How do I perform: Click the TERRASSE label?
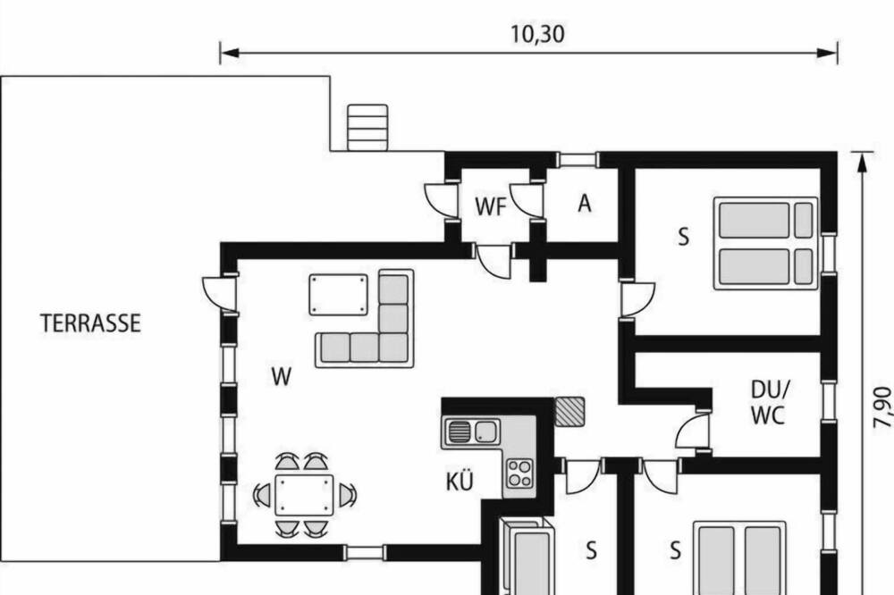(x=90, y=323)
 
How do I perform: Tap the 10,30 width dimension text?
(x=537, y=34)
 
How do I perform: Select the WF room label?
(x=490, y=207)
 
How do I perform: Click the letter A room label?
(x=585, y=204)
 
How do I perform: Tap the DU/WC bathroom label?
(x=770, y=403)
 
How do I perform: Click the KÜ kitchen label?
(x=460, y=482)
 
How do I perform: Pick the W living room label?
(x=282, y=377)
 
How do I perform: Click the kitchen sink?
(x=471, y=432)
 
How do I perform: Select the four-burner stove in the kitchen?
(x=519, y=473)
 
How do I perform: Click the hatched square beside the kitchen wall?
(x=569, y=412)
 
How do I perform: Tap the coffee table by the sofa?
(x=339, y=295)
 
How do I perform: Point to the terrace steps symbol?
(x=367, y=128)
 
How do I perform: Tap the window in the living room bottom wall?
(x=366, y=552)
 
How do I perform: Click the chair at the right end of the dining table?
(x=348, y=495)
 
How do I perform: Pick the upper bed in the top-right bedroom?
(x=766, y=220)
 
